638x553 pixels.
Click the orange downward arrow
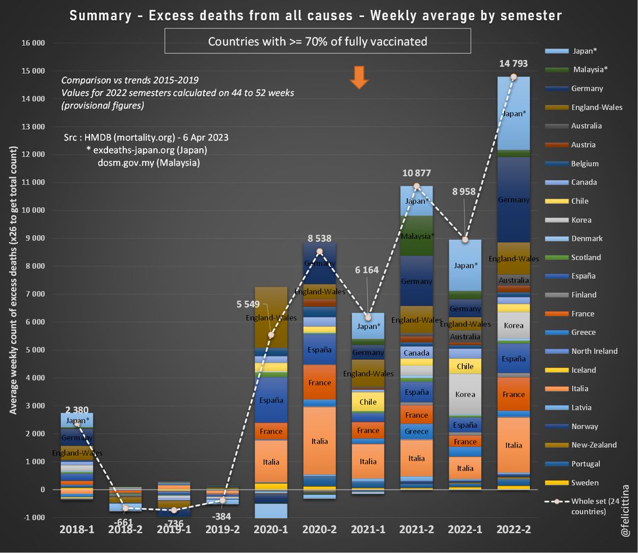[x=359, y=78]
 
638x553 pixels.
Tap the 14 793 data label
[x=513, y=64]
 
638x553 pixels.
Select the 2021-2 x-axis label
[x=416, y=529]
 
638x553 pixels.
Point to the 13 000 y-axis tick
[x=33, y=127]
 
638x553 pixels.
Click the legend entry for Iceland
[x=583, y=370]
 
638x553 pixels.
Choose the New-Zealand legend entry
[x=593, y=445]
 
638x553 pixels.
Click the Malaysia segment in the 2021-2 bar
[x=416, y=236]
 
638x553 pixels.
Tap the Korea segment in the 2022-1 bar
[x=465, y=394]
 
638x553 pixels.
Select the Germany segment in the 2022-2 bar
[x=514, y=200]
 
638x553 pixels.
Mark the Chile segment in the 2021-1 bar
[x=368, y=402]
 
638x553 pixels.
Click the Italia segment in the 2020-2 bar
[x=320, y=441]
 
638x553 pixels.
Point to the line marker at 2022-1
[x=466, y=240]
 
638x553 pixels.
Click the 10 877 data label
[x=416, y=173]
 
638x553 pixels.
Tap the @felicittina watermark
[x=625, y=510]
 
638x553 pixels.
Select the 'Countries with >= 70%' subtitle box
[x=317, y=41]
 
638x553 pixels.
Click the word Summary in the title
[x=100, y=15]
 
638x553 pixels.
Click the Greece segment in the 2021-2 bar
[x=416, y=431]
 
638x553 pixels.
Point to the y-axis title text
[x=13, y=280]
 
